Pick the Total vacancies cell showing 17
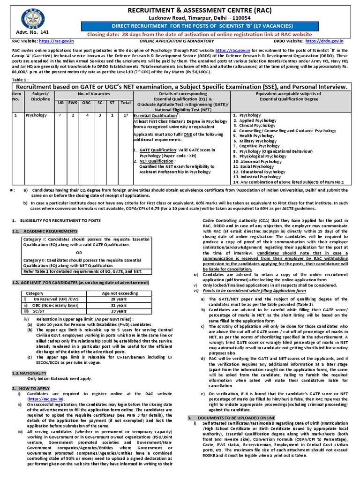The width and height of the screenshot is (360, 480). pos(125,115)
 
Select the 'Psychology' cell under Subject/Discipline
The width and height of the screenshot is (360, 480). pos(37,115)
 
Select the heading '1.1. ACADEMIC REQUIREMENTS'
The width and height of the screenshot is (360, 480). pos(45,231)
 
